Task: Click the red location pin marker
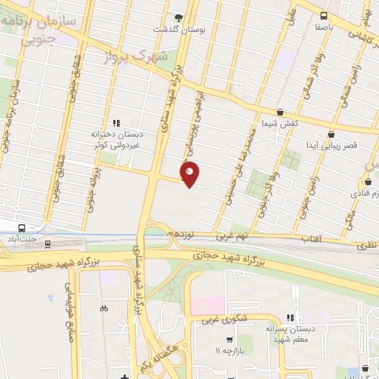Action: (190, 174)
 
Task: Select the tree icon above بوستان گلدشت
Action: (178, 16)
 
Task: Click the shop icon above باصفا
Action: (323, 15)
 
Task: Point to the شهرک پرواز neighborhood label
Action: (144, 56)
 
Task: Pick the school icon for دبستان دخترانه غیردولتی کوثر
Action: (115, 123)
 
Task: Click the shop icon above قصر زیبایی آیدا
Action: (330, 133)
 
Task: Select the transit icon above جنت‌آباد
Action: (21, 227)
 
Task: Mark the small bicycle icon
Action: (104, 308)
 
